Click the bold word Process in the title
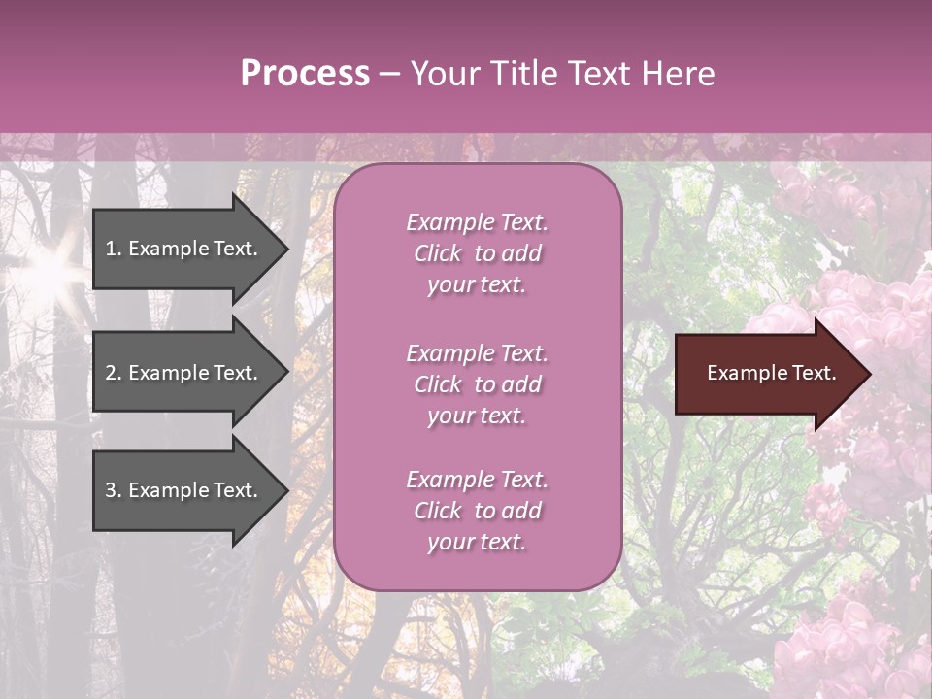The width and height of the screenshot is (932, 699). tap(305, 74)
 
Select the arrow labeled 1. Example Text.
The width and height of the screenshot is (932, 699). tap(184, 249)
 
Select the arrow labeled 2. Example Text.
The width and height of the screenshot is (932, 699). tap(184, 373)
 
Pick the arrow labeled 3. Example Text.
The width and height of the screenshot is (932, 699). tap(184, 490)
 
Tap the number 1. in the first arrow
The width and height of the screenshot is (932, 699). tap(114, 249)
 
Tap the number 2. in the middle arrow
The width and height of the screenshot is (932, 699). tap(114, 373)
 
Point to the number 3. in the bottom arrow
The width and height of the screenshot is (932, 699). tap(114, 490)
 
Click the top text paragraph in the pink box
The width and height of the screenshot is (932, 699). tap(477, 253)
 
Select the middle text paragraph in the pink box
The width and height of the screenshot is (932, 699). tap(477, 384)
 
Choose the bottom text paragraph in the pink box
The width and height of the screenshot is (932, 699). tap(477, 511)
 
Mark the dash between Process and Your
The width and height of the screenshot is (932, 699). tap(389, 74)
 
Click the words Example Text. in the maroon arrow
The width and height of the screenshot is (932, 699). tap(771, 374)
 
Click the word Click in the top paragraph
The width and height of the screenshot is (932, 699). tap(437, 253)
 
